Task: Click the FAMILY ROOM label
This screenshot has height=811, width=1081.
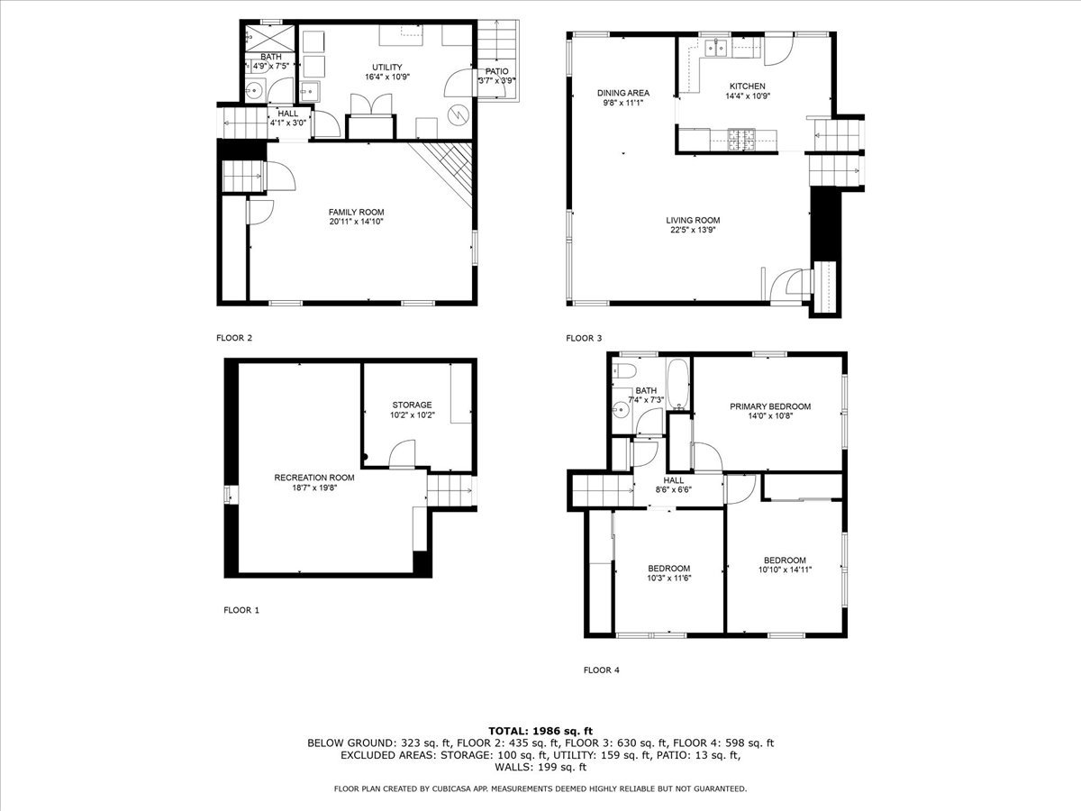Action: (356, 213)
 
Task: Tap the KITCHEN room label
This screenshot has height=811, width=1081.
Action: (748, 86)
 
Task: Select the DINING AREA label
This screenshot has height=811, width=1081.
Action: (623, 93)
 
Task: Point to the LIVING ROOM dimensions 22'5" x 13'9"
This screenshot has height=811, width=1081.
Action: (693, 231)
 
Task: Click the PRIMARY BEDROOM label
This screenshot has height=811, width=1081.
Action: (769, 406)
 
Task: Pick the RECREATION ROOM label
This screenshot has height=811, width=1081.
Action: (314, 478)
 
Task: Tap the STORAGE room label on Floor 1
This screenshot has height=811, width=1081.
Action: (412, 405)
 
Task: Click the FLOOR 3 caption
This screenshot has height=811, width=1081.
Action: (584, 339)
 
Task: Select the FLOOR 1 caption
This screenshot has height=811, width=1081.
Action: (241, 610)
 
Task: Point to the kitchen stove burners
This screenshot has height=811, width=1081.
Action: (745, 140)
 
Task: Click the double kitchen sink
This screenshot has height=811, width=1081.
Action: (718, 48)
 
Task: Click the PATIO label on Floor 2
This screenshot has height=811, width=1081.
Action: (496, 71)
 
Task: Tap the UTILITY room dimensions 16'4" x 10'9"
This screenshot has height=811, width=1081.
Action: (387, 78)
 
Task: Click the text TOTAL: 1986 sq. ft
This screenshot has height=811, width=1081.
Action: (540, 730)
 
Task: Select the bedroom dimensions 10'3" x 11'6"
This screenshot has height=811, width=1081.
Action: (669, 579)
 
